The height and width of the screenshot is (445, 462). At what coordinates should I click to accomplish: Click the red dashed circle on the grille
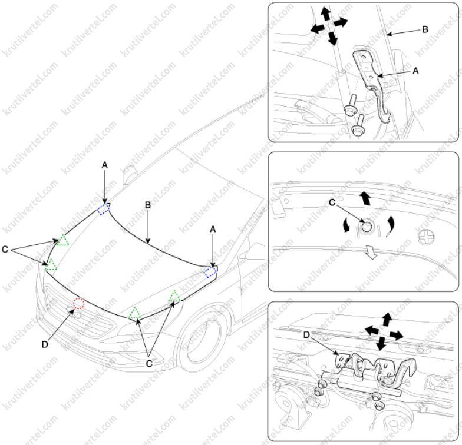point(79,303)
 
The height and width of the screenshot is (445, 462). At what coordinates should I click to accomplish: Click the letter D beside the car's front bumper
point(45,344)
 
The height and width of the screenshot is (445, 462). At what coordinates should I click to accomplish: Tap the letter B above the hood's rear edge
point(148,205)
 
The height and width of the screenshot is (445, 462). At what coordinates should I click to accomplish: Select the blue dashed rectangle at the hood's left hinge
point(104,210)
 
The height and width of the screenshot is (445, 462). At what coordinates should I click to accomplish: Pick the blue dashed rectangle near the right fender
point(211,272)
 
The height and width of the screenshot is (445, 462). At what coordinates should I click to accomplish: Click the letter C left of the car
point(5,250)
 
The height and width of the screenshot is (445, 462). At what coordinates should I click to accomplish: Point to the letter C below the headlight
point(149,364)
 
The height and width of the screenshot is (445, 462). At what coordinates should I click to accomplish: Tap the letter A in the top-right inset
point(415,71)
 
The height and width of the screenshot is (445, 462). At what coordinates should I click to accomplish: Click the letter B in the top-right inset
point(425,29)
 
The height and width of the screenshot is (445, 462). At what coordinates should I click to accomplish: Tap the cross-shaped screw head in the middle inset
point(425,237)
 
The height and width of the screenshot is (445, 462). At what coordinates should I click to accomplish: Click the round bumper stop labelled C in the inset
point(367,227)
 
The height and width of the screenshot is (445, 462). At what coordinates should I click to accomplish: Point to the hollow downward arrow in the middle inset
point(372,253)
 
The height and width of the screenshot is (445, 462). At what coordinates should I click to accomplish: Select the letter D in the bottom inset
point(306,336)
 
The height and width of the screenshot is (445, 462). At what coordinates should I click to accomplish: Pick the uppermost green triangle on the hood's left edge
point(62,240)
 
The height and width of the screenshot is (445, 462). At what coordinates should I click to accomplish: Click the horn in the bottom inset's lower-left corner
point(292,409)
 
